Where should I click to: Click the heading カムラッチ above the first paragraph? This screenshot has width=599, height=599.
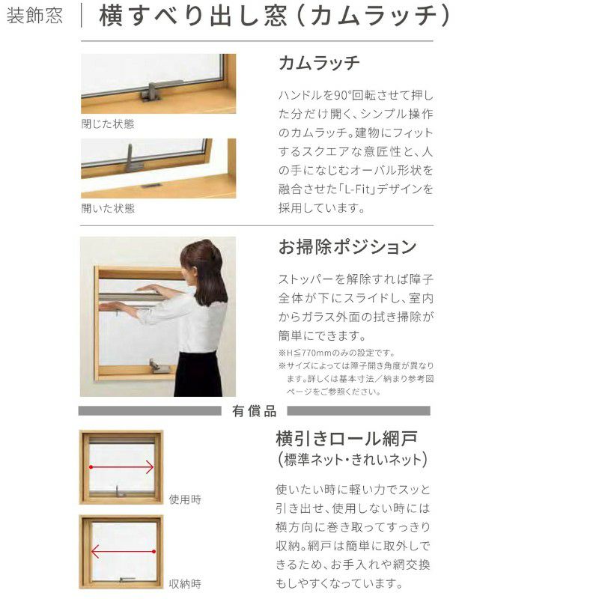(319, 63)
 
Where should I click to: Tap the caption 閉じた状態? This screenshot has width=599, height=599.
(107, 124)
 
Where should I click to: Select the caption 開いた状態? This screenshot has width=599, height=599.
(108, 208)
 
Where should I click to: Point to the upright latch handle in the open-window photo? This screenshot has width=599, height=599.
(133, 159)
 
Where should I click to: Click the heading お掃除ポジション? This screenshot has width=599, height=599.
(347, 247)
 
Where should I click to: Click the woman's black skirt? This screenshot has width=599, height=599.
(198, 374)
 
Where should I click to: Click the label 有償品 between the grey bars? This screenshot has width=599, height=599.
(254, 411)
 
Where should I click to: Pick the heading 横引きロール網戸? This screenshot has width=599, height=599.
(347, 439)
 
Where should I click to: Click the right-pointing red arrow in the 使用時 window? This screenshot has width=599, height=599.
(121, 466)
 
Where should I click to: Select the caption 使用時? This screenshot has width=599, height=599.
(185, 499)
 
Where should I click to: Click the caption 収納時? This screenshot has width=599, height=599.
(185, 584)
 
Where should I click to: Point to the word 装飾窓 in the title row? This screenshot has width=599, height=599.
(34, 16)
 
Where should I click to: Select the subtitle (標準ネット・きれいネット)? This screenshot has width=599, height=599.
(352, 459)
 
